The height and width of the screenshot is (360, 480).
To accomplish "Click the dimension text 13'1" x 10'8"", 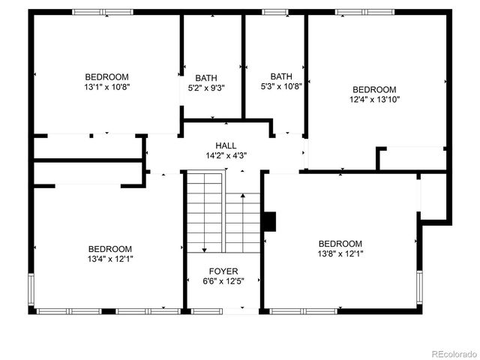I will (x=106, y=87).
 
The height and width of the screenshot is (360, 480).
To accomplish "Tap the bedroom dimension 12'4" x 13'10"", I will (x=374, y=99).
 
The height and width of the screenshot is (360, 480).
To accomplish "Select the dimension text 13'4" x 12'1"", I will (x=110, y=259).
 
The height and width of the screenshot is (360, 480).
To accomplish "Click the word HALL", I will (x=226, y=145).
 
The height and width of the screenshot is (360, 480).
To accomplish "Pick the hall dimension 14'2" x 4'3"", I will (x=226, y=156).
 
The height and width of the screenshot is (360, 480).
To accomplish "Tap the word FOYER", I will (x=223, y=271).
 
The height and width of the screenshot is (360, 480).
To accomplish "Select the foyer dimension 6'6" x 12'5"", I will (x=223, y=282).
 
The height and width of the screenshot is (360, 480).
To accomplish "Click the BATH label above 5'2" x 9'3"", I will (x=206, y=78).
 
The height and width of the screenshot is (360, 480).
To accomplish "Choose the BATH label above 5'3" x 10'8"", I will (x=281, y=76).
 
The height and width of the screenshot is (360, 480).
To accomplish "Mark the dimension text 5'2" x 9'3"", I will (x=206, y=88).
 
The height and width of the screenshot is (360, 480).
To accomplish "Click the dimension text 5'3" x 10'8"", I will (x=281, y=86).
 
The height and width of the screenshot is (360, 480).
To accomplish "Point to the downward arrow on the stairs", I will (x=204, y=247).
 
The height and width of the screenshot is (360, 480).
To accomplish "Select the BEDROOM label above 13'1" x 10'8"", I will (x=106, y=76).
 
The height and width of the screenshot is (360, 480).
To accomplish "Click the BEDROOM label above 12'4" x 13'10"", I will (x=374, y=88).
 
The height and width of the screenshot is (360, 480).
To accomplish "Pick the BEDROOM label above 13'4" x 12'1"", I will (x=110, y=249).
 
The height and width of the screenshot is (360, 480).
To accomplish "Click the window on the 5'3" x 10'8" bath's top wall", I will (x=274, y=12).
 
